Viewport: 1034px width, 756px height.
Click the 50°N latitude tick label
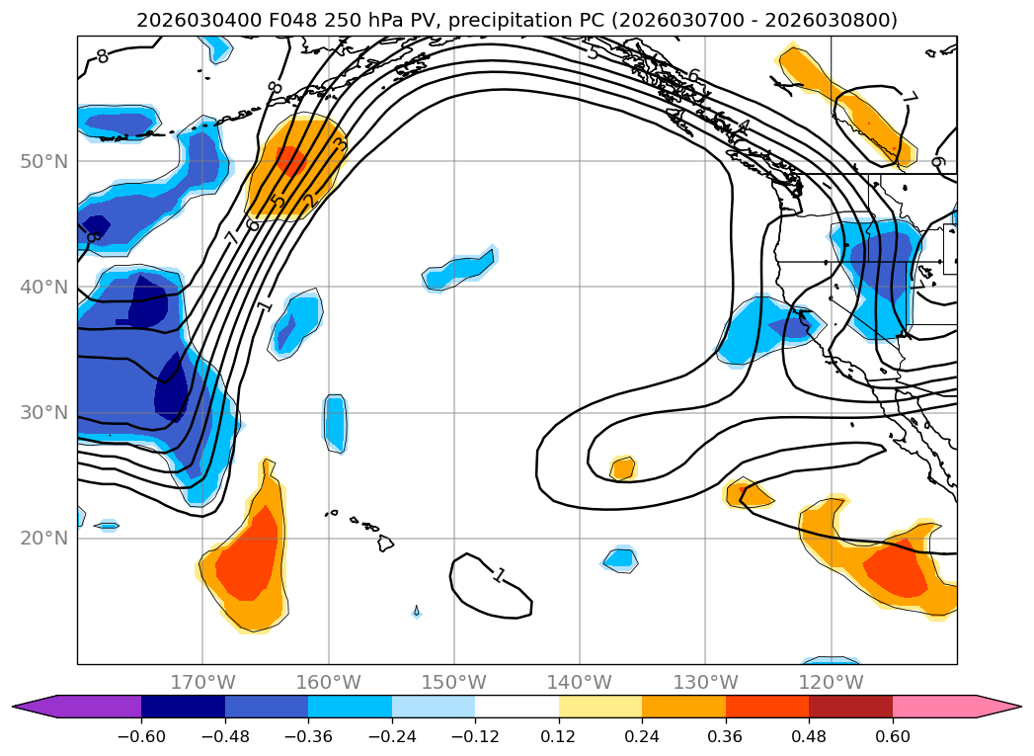tap(43, 161)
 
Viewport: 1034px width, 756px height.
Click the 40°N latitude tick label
tap(43, 288)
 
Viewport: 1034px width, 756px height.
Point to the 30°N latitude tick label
tap(43, 413)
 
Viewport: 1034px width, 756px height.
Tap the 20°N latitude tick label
tap(43, 539)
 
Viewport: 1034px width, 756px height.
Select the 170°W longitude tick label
tap(202, 683)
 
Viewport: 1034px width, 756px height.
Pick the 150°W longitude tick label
tap(453, 683)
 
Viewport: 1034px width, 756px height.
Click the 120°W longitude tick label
tap(831, 683)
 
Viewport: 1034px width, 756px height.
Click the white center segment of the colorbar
tap(517, 707)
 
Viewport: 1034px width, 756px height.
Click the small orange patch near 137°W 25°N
tap(622, 468)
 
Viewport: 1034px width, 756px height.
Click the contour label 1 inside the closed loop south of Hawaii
tap(499, 574)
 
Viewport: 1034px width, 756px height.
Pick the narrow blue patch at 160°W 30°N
tap(336, 423)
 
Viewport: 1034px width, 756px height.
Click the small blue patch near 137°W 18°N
tap(620, 559)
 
